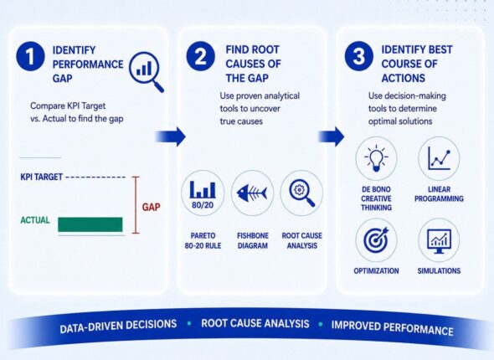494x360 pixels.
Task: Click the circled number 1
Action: [30, 56]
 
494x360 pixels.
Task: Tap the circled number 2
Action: [201, 56]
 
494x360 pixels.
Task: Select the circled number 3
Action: [359, 56]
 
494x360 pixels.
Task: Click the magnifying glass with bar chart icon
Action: [147, 71]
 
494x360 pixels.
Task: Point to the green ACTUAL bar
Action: [90, 224]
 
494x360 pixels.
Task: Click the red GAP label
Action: [151, 207]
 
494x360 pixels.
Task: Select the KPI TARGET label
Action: [42, 177]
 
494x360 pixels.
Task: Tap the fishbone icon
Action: [252, 193]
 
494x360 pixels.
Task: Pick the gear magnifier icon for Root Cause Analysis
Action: [301, 193]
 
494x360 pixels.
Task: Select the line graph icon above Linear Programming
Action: [439, 158]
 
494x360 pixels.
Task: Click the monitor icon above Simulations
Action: [439, 241]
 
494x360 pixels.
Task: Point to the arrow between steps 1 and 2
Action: [170, 136]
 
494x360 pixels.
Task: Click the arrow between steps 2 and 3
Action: [331, 136]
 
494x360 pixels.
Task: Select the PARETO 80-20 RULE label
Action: [203, 240]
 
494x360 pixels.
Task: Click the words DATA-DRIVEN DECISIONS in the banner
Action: [118, 326]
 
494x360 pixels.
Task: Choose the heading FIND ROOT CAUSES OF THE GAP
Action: [253, 64]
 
